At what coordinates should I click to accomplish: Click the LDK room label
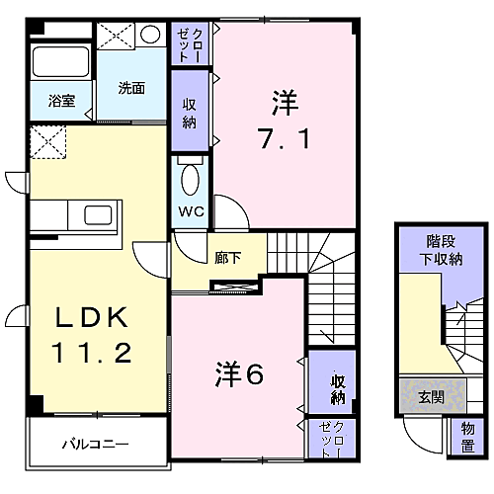tap(92, 317)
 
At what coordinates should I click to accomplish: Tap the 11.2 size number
tap(92, 352)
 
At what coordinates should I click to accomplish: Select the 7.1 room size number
tap(285, 138)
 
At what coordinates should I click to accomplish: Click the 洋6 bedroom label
tap(239, 374)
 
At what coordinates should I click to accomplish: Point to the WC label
tap(191, 211)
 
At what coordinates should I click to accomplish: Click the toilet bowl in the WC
tap(190, 180)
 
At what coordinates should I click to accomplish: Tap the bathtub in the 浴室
tap(61, 62)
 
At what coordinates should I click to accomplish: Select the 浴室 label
tap(61, 101)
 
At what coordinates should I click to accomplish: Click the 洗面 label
tap(131, 88)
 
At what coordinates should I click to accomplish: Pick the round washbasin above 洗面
tap(150, 34)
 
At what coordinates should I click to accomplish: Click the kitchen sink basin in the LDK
tap(98, 215)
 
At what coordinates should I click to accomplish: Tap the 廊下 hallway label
tap(227, 258)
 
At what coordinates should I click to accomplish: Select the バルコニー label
tap(96, 445)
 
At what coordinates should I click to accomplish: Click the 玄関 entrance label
tap(432, 397)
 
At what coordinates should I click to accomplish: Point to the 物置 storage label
tap(467, 437)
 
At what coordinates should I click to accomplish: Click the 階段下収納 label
tap(441, 250)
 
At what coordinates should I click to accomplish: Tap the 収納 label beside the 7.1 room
tap(190, 114)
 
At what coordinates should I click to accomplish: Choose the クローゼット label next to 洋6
tap(331, 439)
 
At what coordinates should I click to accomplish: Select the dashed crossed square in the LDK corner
tap(48, 142)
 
